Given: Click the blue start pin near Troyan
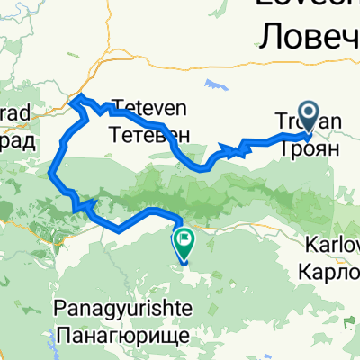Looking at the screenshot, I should click(310, 116).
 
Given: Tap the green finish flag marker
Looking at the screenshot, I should click(184, 240).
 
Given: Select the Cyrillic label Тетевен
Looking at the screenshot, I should click(149, 132).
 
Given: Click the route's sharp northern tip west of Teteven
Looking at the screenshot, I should click(76, 96).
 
